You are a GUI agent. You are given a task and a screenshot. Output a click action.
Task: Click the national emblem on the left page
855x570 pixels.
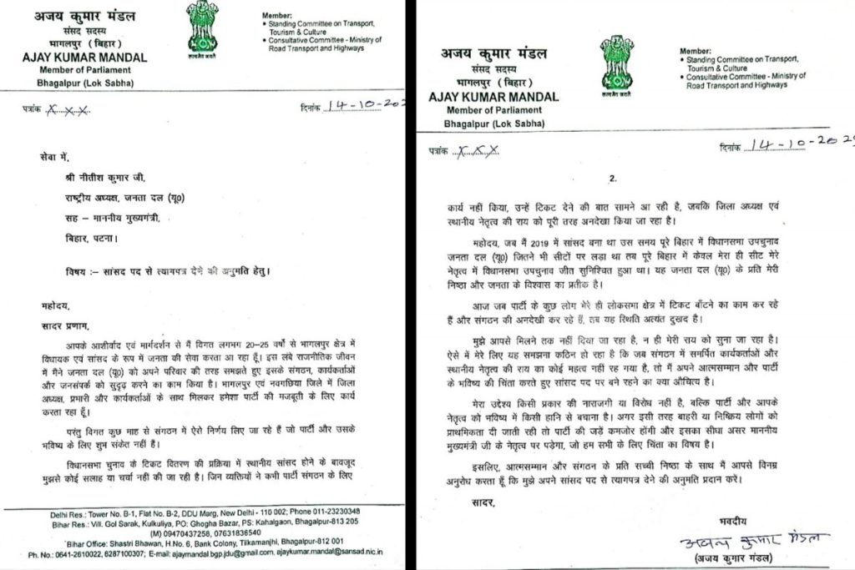pos(201,30)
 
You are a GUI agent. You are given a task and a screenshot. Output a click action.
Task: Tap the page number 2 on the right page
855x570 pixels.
pos(613,179)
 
